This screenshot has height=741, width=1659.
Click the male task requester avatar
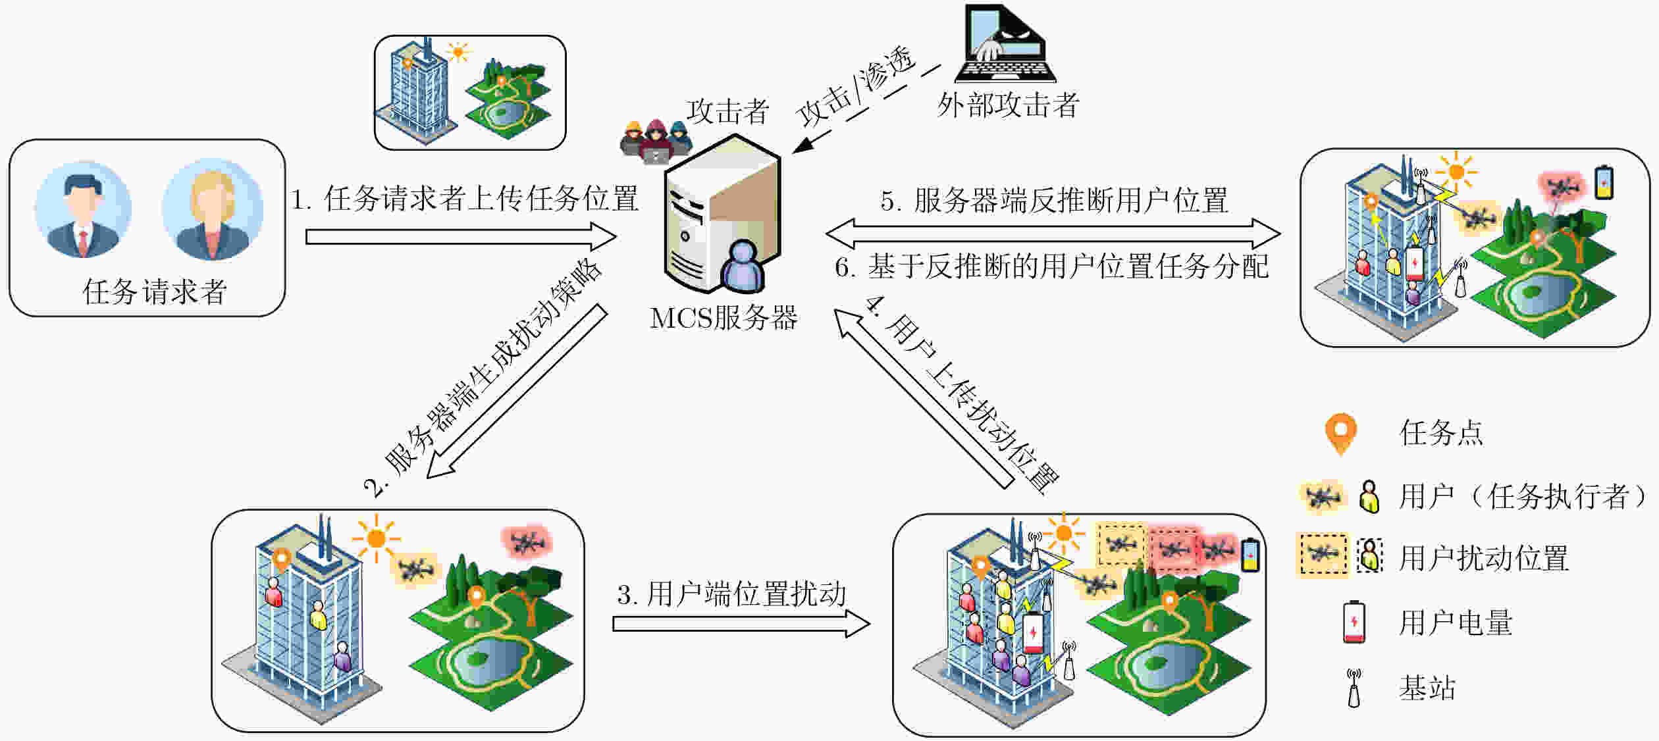pyautogui.click(x=84, y=209)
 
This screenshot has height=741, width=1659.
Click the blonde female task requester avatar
pyautogui.click(x=212, y=209)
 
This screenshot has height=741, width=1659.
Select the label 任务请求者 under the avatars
pyautogui.click(x=155, y=292)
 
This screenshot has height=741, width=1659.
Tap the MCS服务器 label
pyautogui.click(x=724, y=319)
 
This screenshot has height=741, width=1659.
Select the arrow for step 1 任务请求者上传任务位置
pyautogui.click(x=461, y=236)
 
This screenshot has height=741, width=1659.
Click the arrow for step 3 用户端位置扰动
pyautogui.click(x=741, y=624)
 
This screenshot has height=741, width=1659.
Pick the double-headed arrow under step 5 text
pyautogui.click(x=1053, y=233)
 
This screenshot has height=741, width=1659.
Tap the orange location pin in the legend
pyautogui.click(x=1341, y=433)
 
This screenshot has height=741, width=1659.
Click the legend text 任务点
pyautogui.click(x=1441, y=433)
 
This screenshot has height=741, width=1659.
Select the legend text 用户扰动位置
pyautogui.click(x=1483, y=558)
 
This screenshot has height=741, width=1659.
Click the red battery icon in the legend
pyautogui.click(x=1354, y=622)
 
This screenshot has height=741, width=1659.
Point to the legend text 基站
pyautogui.click(x=1427, y=688)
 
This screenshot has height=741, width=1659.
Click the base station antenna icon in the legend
pyautogui.click(x=1354, y=688)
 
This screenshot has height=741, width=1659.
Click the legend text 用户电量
pyautogui.click(x=1456, y=623)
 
